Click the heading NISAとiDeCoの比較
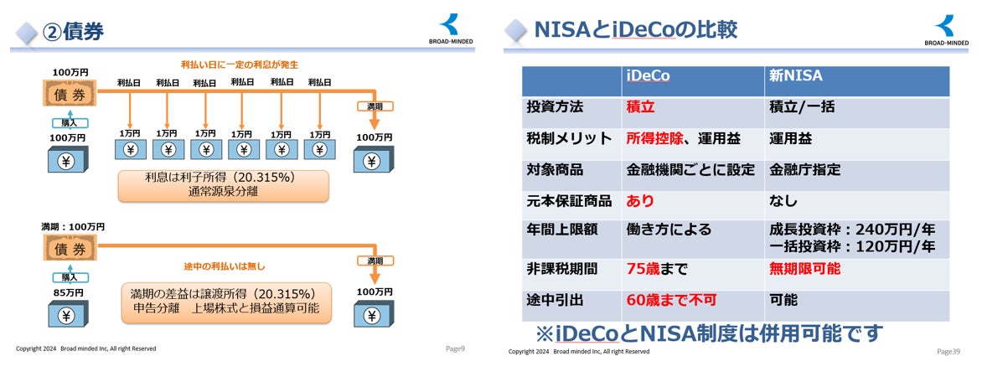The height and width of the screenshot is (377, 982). (636, 30)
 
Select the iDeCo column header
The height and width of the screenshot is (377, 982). (649, 76)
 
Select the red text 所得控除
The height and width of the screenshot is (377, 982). (654, 138)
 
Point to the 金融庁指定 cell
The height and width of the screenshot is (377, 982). (805, 169)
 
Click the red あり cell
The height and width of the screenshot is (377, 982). (640, 201)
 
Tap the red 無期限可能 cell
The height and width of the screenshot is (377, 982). (804, 269)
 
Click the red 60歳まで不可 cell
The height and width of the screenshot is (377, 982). (671, 300)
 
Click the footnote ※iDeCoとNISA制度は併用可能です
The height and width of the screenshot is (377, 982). (709, 333)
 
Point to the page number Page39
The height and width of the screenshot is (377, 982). (948, 351)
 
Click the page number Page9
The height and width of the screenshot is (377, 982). (455, 349)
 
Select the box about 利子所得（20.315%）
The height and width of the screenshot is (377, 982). (223, 186)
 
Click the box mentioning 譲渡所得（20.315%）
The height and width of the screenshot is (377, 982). (225, 302)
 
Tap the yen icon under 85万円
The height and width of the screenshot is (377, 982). (66, 317)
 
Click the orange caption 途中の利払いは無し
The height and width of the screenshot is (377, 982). (224, 266)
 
